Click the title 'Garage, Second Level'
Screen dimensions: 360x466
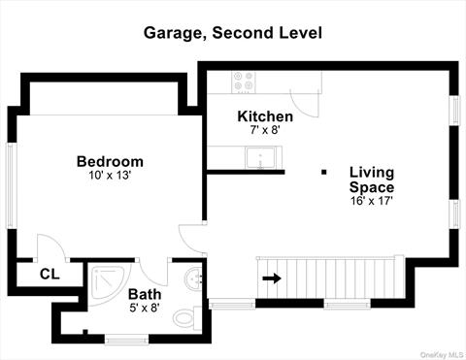233,32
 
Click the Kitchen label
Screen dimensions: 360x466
265,116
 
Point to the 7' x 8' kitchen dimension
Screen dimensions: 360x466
265,130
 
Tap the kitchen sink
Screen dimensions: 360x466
260,158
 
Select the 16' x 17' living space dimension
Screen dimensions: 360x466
372,201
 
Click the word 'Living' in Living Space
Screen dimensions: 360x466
372,172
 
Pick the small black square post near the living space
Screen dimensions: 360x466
324,173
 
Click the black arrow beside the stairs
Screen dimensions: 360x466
272,278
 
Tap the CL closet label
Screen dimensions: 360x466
50,274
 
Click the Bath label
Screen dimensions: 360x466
145,294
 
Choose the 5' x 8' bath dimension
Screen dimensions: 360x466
144,308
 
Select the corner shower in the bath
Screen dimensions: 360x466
104,280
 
